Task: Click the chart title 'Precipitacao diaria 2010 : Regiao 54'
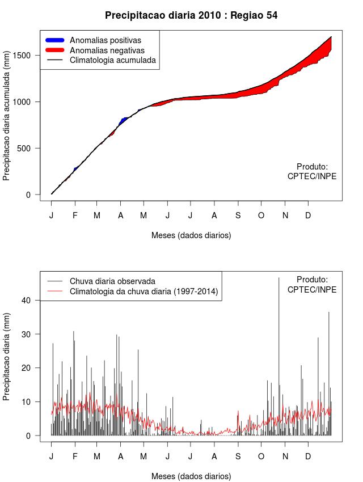[191, 15]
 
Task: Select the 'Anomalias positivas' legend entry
[105, 40]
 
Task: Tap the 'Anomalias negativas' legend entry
[107, 50]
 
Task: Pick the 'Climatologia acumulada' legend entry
[112, 60]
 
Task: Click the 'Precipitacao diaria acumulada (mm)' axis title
[7, 120]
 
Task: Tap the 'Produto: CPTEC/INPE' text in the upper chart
[312, 171]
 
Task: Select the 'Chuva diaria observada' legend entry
[112, 281]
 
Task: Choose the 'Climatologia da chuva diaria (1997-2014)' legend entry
[143, 291]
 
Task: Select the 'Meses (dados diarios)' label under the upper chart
[191, 235]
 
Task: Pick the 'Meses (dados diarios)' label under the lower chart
[191, 476]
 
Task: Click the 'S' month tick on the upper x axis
[238, 215]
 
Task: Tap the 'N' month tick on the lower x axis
[285, 456]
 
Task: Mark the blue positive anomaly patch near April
[124, 120]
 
